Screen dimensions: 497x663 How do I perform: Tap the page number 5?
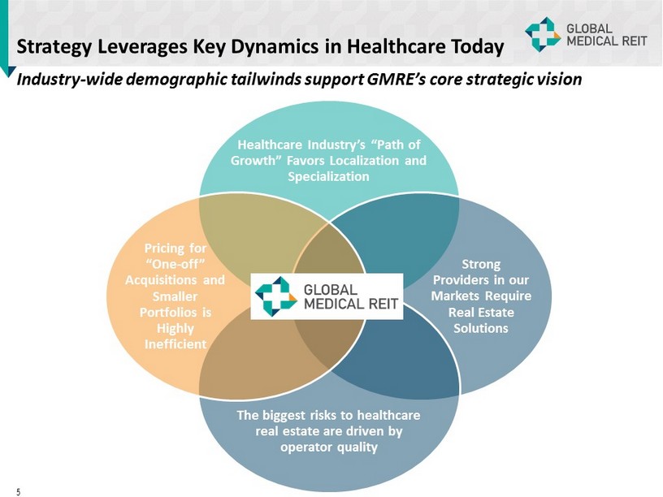18,491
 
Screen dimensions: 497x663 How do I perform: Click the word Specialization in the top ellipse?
328,176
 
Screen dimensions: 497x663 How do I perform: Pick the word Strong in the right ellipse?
481,264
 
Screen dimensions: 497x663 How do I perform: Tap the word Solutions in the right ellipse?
481,328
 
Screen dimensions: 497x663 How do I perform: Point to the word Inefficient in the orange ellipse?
171,344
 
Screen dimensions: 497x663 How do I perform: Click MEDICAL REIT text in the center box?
352,304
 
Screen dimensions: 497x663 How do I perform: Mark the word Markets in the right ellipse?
460,296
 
